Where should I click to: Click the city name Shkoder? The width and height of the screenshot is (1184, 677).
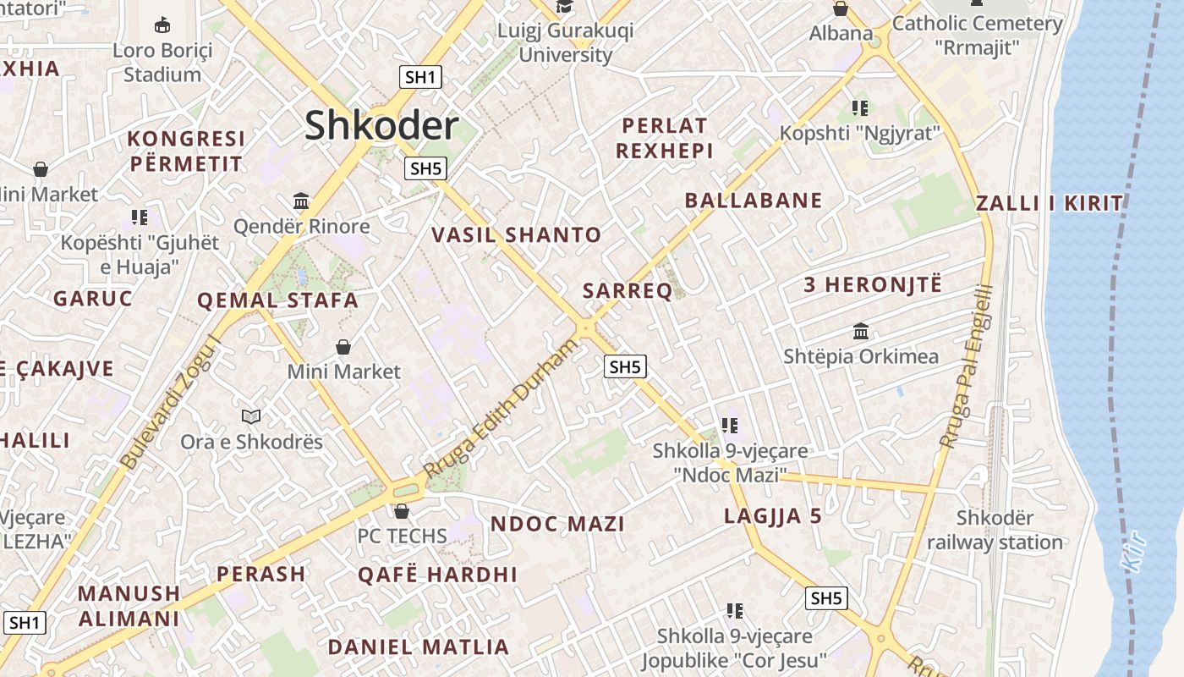[x=381, y=126]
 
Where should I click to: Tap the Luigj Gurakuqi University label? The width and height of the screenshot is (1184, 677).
[x=565, y=42]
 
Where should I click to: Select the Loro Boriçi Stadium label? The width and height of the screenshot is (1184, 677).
[x=162, y=62]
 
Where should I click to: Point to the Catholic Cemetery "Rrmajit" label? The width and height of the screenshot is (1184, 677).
[x=977, y=35]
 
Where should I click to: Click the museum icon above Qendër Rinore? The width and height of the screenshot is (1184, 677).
[x=301, y=201]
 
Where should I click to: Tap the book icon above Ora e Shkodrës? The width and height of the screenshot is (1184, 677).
[x=251, y=416]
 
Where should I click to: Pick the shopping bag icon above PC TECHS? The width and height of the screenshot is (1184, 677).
[x=402, y=511]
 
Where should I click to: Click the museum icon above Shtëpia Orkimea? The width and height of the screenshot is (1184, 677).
[x=861, y=331]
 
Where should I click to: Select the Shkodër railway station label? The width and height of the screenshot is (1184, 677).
[x=995, y=530]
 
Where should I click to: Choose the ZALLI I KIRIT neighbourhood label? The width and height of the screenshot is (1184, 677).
[x=1049, y=203]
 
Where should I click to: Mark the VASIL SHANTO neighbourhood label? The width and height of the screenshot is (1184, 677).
[x=517, y=234]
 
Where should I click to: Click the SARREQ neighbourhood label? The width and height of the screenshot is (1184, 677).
[x=628, y=291]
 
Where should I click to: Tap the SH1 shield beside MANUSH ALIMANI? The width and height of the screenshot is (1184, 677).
[x=25, y=623]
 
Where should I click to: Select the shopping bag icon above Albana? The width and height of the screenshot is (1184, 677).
[x=841, y=9]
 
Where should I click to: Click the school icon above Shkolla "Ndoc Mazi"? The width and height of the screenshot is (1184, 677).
[x=730, y=426]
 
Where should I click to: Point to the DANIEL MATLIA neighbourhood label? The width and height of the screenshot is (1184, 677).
[x=419, y=647]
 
